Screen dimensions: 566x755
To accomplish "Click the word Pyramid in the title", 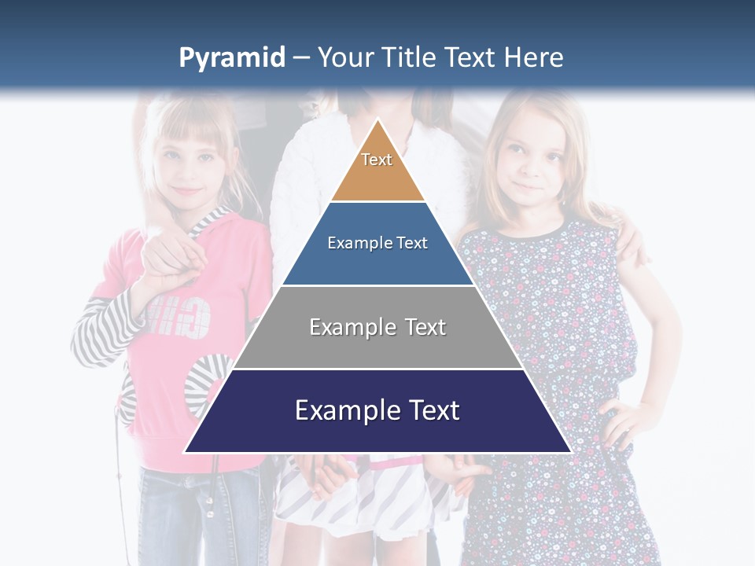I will click(x=231, y=58).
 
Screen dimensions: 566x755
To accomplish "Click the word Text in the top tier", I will click(x=377, y=160).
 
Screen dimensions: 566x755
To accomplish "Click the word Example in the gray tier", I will click(x=344, y=327).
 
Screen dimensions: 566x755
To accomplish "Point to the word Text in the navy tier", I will click(x=430, y=410).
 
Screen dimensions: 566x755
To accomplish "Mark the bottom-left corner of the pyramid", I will click(x=186, y=452).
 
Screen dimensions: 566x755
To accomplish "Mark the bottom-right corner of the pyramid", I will click(x=570, y=452).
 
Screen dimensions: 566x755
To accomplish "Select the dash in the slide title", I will click(x=300, y=58).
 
